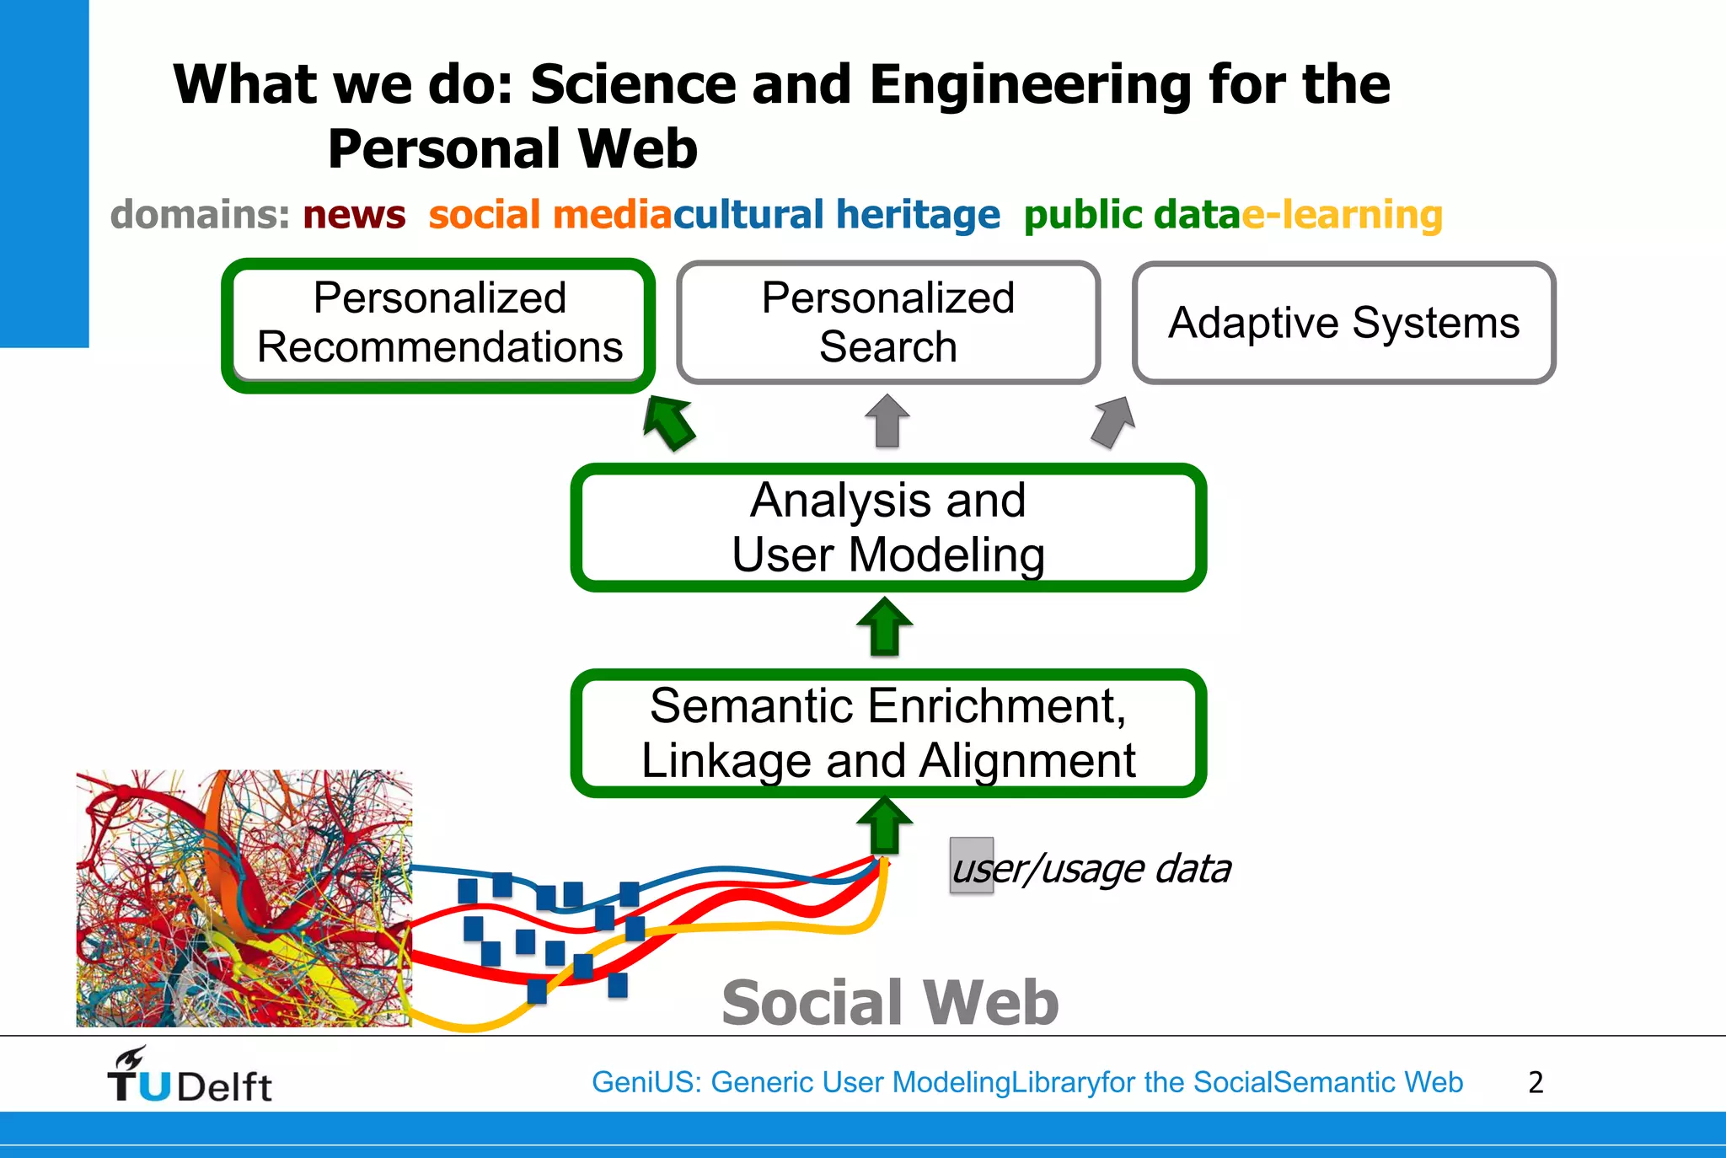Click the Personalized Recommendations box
tap(438, 324)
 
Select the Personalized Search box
tap(888, 323)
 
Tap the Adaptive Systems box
tap(1343, 323)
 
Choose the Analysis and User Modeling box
tap(888, 527)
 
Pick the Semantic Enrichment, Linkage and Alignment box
tap(888, 732)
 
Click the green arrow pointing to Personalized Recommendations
tap(668, 422)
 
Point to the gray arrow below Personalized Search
tap(887, 421)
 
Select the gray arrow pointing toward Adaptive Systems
tap(1113, 421)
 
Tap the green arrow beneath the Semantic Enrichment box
tap(885, 826)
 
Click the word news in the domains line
tap(354, 215)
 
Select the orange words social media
tap(549, 215)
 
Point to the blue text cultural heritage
tap(836, 215)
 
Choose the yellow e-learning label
tap(1342, 215)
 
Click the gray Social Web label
tap(890, 1003)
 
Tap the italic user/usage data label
tap(1092, 869)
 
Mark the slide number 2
tap(1536, 1082)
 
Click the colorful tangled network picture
tap(244, 898)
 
